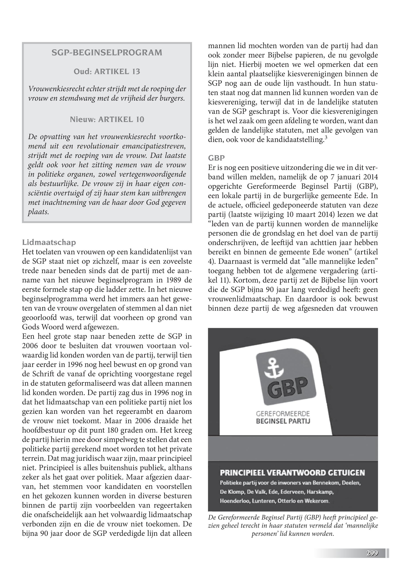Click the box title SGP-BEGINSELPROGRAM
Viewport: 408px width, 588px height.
pos(107,53)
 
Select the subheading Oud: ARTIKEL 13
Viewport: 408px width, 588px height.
pos(107,72)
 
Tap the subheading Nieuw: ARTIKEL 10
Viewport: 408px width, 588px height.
pos(107,119)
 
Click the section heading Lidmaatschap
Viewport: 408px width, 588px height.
pos(49,242)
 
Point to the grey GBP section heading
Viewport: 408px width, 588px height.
pos(216,158)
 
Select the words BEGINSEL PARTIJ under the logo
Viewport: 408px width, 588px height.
pos(283,421)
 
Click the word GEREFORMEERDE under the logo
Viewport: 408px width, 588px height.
pos(283,413)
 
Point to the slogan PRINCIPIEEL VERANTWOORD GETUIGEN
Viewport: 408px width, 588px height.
pos(292,473)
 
